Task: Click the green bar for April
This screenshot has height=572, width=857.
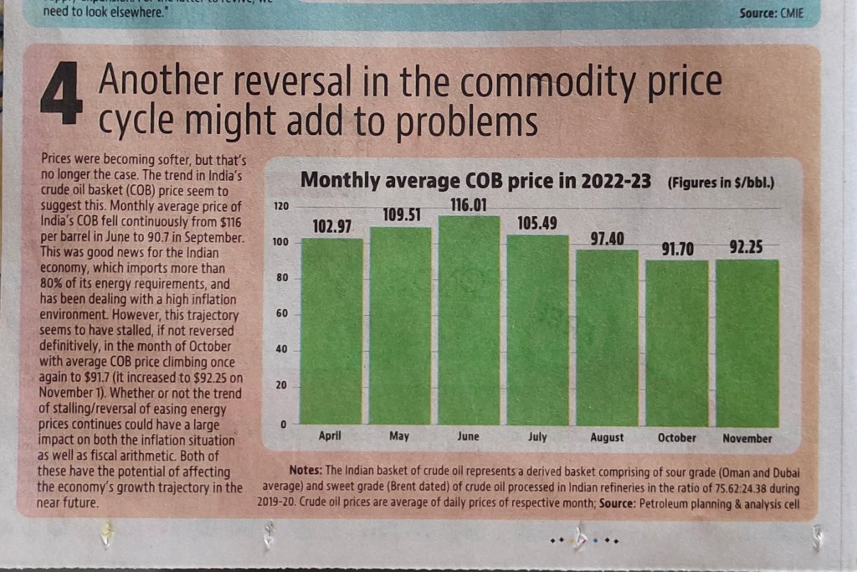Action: [331, 331]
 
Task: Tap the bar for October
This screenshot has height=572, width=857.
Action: [676, 343]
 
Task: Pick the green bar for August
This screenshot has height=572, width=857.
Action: [607, 337]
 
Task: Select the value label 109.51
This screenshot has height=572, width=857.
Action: [400, 215]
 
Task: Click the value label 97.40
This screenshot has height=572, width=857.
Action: [607, 239]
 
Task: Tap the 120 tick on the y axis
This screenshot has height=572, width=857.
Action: [280, 206]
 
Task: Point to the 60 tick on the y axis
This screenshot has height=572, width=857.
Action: [283, 314]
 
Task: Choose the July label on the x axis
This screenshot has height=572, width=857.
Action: [537, 437]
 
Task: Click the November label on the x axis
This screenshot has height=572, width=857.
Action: [747, 438]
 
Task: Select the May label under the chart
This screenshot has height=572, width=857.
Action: [399, 437]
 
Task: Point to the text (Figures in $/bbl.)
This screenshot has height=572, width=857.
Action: [720, 182]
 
